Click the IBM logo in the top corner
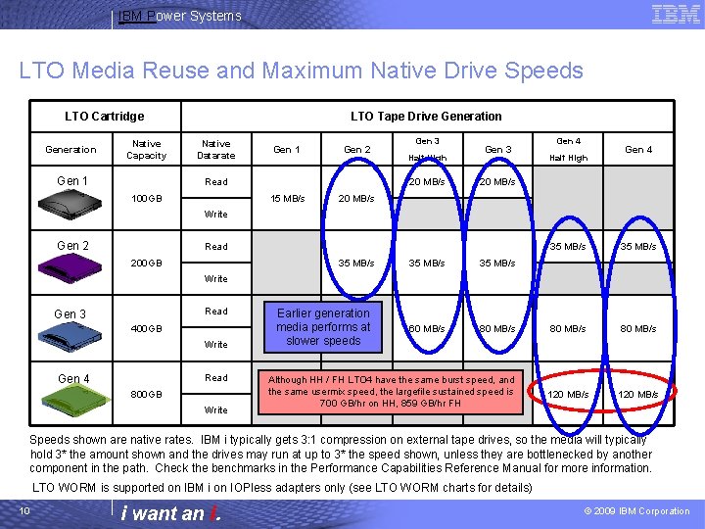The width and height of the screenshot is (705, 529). (676, 14)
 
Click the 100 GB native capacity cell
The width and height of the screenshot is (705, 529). (146, 199)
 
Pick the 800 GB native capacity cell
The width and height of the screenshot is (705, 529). (146, 395)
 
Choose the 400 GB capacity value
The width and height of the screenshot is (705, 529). (146, 329)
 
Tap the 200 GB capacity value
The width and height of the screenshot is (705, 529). (146, 264)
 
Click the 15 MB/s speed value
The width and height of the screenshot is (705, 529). (288, 199)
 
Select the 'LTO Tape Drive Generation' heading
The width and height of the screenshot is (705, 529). (426, 117)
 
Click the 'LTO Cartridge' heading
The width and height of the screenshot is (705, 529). (104, 117)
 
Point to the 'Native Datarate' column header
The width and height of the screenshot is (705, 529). (215, 150)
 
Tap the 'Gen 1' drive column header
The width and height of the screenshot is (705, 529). (287, 150)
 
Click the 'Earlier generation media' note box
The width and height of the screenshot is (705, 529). (323, 327)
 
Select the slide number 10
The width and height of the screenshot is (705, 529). (23, 511)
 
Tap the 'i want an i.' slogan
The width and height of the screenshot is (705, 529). (170, 513)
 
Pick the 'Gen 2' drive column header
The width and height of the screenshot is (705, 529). (357, 150)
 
